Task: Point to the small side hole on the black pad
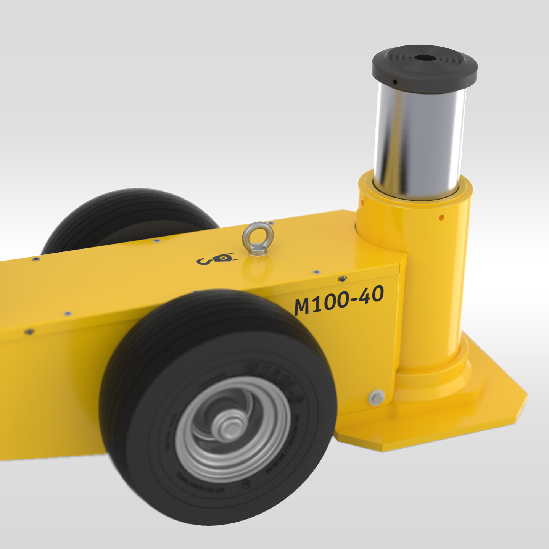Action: coord(395,82)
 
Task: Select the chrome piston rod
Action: coord(420,137)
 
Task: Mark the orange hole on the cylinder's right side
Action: coord(441,218)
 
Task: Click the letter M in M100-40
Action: coord(302,306)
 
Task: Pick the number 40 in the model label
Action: coord(371,295)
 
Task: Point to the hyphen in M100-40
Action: coord(354,298)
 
